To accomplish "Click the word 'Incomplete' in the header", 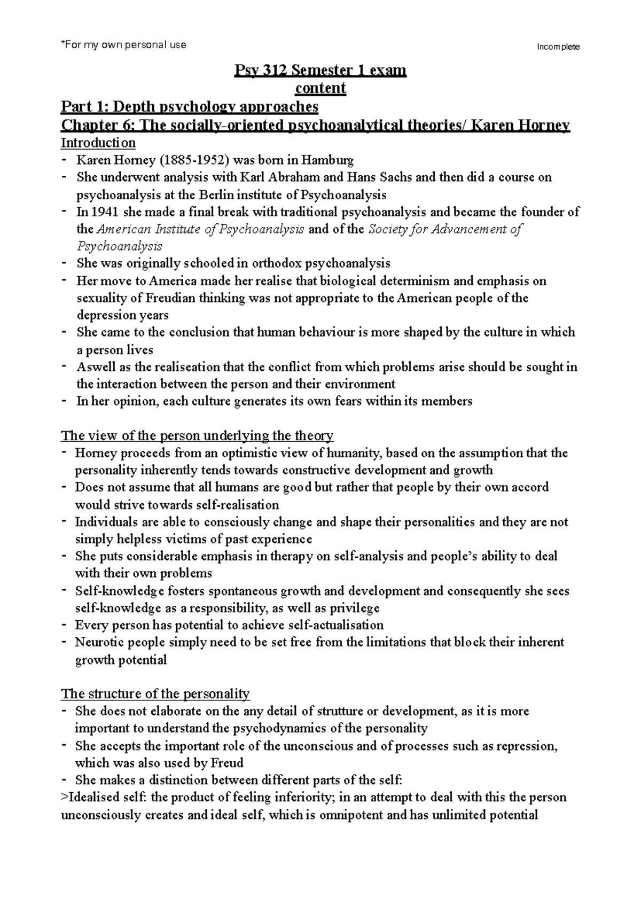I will (558, 47).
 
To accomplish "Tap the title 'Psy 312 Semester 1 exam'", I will (320, 71).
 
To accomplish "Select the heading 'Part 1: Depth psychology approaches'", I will (190, 107).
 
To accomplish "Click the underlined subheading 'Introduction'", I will (98, 143).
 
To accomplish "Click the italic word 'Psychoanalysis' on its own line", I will (119, 246).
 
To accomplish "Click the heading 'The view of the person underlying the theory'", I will (197, 435).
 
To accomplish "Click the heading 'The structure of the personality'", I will (155, 694).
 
